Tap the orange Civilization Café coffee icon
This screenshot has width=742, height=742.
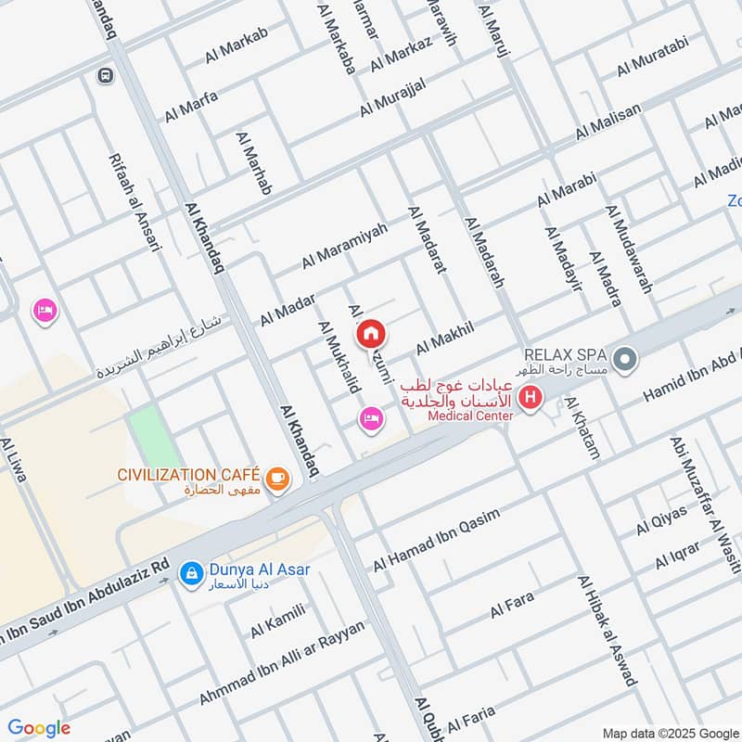coord(276,479)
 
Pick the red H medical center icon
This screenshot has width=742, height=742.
coord(531,400)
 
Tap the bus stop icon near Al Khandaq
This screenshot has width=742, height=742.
coord(105,75)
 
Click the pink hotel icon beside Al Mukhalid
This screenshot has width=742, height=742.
coord(371,420)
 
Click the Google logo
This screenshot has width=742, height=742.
coord(39,728)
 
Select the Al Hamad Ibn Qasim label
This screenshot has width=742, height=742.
coord(436,540)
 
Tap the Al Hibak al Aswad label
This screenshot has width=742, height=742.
coord(608,631)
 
